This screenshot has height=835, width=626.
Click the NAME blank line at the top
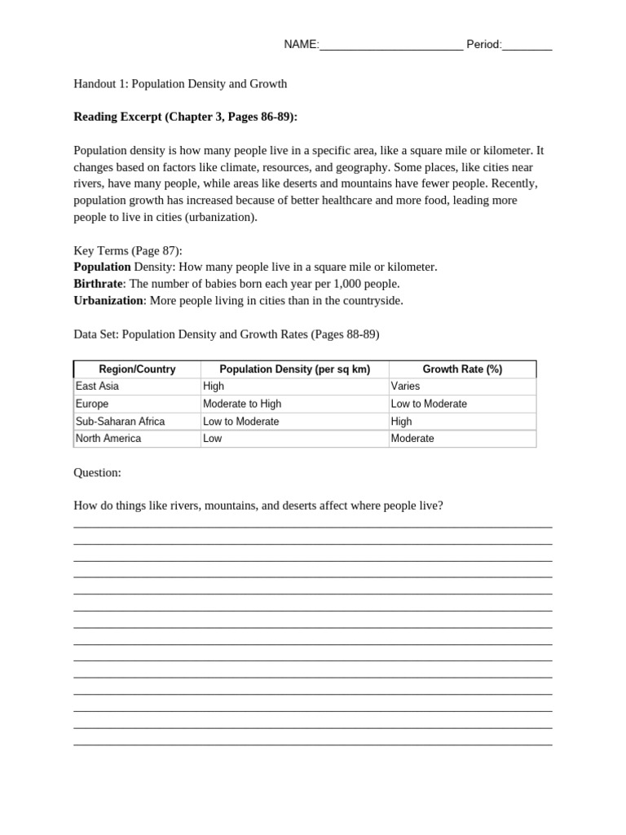pos(391,46)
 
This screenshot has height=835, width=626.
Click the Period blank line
pos(527,46)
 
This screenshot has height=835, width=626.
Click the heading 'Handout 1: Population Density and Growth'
pos(180,84)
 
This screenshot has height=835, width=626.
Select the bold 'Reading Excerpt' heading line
pos(186,117)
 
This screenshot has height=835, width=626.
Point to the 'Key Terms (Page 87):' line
pos(128,250)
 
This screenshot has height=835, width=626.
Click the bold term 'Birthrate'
pos(99,284)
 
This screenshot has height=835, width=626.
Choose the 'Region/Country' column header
pos(137,369)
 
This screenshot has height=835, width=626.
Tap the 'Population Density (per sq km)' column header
pos(295,369)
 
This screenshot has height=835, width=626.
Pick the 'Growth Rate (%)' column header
pos(462,369)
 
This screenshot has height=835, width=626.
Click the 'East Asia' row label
pos(97,387)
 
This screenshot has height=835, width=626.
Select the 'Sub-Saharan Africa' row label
pos(120,422)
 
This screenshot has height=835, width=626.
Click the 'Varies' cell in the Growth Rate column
pos(405,387)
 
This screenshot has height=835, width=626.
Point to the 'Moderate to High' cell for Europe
pos(242,404)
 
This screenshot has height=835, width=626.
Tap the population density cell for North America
pos(212,439)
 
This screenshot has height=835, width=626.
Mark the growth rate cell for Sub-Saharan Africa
pos(402,422)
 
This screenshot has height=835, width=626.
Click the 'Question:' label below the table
pos(97,472)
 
